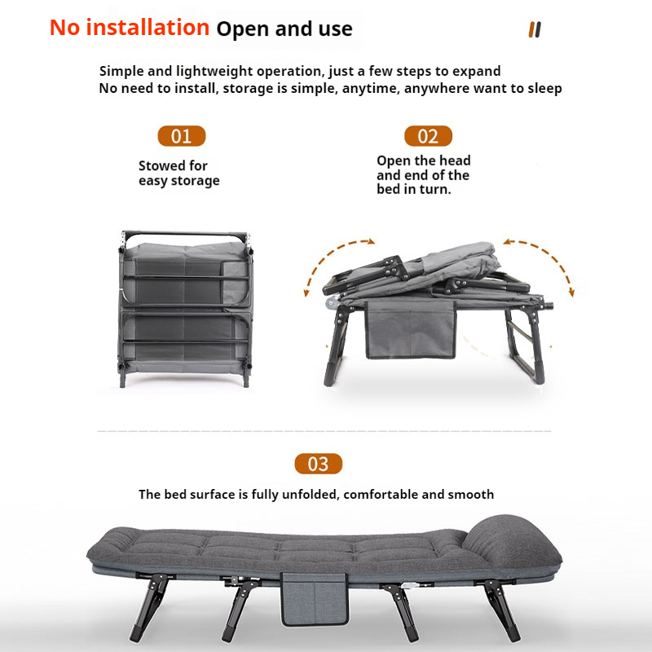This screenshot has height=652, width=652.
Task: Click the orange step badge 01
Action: (x=181, y=136)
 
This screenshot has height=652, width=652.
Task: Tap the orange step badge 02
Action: (x=428, y=136)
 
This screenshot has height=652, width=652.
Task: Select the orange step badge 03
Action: (x=318, y=464)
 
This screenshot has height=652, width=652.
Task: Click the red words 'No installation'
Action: (x=130, y=28)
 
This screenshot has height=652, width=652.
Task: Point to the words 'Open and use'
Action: (x=284, y=29)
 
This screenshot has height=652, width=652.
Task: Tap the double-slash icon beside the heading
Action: (x=535, y=29)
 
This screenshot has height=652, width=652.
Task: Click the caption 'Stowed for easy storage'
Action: (x=178, y=173)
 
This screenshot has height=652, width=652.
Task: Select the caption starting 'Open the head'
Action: (x=423, y=174)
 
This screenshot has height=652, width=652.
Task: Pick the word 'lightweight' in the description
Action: (x=214, y=71)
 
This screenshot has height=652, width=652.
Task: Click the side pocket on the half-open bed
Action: (x=410, y=329)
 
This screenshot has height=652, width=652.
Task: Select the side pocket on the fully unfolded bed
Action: (x=315, y=599)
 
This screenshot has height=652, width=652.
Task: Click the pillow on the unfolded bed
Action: (x=512, y=540)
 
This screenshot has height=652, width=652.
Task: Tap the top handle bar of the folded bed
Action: (x=186, y=234)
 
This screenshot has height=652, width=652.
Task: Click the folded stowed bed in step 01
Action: (x=185, y=309)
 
